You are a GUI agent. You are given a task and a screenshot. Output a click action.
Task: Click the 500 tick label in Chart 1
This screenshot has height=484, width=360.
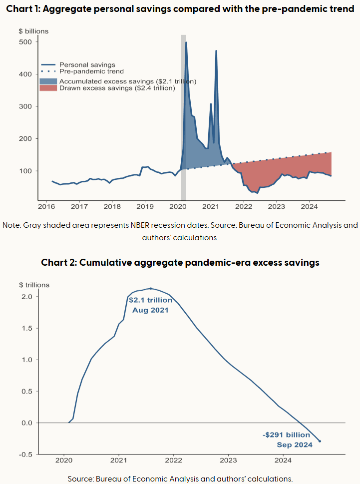pos(26,42)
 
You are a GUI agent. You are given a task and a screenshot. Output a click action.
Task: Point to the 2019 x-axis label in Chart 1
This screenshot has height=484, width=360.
pos(145,206)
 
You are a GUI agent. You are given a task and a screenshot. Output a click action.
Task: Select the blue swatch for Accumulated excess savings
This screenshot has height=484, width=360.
pos(48,81)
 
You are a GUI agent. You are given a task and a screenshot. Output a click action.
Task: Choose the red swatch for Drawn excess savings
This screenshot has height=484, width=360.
pos(48,88)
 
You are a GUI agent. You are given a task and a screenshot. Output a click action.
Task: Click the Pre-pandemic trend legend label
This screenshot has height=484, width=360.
pos(91,71)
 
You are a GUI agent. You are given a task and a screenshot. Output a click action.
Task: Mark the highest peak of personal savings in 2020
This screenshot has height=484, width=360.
pos(186,42)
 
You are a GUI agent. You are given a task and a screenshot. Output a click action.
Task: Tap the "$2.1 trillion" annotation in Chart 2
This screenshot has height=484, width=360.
pos(150,300)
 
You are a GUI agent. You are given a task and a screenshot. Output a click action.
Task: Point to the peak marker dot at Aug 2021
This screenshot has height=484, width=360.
pos(151,289)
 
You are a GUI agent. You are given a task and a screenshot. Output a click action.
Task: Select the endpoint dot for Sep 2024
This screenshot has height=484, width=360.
pos(320,441)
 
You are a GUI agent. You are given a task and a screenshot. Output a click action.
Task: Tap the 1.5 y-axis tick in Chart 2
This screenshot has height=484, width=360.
pos(28,328)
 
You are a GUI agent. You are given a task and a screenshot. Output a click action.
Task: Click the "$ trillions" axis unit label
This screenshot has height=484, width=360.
pos(34,285)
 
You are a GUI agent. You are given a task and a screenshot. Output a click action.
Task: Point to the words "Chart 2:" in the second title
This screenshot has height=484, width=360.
pos(58,262)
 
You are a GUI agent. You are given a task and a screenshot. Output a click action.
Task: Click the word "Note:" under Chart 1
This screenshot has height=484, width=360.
pos(12,225)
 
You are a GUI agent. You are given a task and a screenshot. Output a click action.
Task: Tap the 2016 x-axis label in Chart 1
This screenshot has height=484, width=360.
pos(46,206)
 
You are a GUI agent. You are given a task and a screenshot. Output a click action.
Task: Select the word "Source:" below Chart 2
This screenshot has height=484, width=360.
pos(82,478)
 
